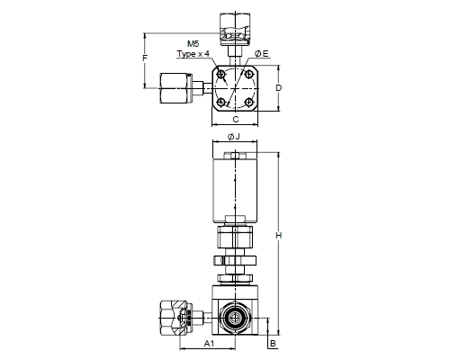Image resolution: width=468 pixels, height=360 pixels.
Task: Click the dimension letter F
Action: tap(145, 58)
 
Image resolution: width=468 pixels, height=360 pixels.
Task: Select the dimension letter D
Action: tap(279, 88)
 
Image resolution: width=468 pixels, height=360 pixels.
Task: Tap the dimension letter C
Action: tap(236, 119)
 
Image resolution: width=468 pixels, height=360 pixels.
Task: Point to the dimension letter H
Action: tap(279, 236)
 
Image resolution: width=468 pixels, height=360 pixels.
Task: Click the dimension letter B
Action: tap(273, 343)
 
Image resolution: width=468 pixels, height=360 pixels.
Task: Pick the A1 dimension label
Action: tap(209, 343)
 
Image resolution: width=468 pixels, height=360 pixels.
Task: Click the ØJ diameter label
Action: tap(234, 137)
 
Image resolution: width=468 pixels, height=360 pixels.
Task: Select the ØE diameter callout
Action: tap(262, 54)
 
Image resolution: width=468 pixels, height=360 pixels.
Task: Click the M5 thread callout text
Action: tap(193, 44)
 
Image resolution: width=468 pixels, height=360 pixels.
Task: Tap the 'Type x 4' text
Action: tap(193, 54)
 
